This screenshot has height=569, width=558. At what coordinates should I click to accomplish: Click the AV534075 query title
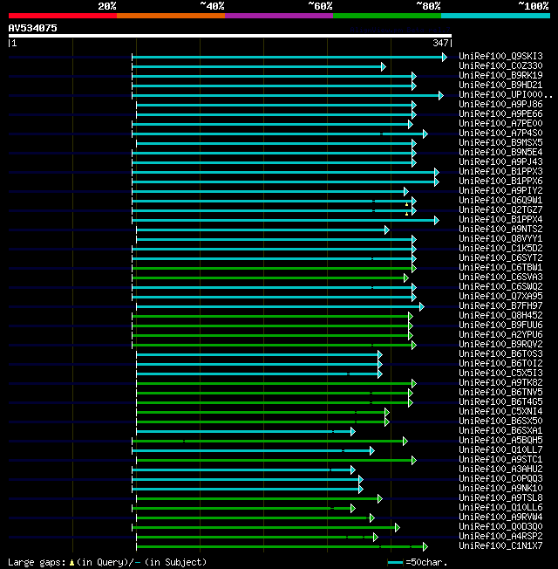point(33,28)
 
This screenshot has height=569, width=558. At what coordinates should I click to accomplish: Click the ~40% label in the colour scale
point(212,5)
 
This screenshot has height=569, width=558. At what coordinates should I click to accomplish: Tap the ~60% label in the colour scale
point(320,5)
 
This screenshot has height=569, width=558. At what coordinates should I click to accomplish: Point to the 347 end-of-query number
point(439,43)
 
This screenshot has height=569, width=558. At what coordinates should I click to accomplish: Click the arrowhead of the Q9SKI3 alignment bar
point(444,57)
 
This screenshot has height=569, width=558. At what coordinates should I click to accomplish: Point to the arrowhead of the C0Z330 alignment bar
point(383,66)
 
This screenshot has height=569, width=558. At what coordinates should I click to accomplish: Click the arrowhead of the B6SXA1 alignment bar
point(352,431)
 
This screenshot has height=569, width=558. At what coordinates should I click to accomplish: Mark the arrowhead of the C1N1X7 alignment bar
point(425,546)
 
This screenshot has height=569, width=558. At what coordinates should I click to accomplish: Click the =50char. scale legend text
point(425,563)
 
